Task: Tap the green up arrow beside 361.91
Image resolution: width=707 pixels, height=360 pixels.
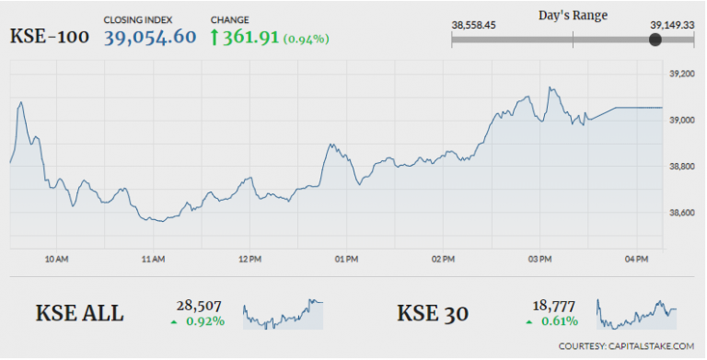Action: (x=216, y=37)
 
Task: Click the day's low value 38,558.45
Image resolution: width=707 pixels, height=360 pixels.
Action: (x=475, y=26)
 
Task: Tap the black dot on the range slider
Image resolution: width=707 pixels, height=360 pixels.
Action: (x=655, y=41)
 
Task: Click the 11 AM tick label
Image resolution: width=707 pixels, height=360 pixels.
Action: (x=153, y=260)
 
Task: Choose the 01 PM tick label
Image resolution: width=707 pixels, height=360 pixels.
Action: (x=346, y=260)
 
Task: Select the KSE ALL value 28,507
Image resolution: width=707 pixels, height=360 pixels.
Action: (x=191, y=306)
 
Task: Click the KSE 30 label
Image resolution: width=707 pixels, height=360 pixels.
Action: (x=433, y=313)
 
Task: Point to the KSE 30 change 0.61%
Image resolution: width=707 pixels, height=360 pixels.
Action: (x=559, y=321)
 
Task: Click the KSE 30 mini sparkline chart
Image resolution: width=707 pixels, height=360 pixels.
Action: (x=637, y=314)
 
